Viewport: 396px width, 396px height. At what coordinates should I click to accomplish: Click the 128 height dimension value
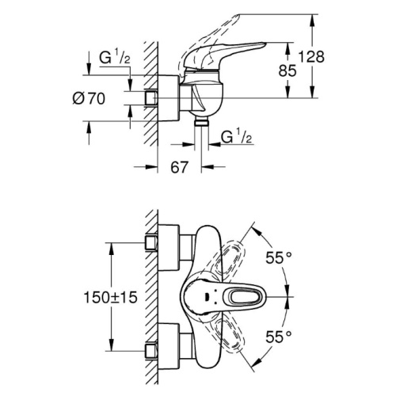(x=311, y=57)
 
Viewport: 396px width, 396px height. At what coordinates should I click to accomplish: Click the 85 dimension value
(x=287, y=70)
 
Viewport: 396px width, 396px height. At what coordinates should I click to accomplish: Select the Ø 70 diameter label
(x=89, y=99)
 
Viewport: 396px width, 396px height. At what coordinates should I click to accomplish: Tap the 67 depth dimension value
(x=180, y=167)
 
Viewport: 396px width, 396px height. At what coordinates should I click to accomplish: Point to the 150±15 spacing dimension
(x=111, y=297)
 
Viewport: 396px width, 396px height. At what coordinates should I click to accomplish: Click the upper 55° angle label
(x=279, y=257)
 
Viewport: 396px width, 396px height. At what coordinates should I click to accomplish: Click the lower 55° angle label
(x=279, y=337)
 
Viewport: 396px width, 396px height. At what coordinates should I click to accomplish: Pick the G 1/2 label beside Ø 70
(x=115, y=58)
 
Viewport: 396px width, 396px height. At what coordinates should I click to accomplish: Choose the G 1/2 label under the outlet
(x=236, y=137)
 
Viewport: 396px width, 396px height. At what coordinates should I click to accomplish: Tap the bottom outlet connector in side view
(x=201, y=122)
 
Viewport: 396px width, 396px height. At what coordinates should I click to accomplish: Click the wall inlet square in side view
(x=151, y=98)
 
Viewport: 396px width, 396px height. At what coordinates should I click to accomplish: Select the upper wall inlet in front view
(x=151, y=243)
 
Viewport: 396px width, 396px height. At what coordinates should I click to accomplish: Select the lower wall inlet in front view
(x=151, y=351)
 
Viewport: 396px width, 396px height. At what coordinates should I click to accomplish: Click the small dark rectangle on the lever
(x=208, y=297)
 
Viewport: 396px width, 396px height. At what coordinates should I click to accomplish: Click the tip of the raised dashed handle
(x=238, y=15)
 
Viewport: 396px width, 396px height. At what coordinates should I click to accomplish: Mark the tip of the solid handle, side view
(x=265, y=44)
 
